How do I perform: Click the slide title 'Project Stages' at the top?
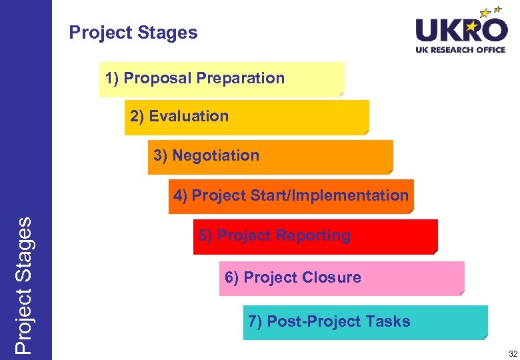pos(133,33)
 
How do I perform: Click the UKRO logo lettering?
pos(461,30)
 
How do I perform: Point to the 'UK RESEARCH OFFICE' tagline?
pos(461,49)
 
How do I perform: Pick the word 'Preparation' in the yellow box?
pos(241,78)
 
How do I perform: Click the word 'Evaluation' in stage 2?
pos(189,116)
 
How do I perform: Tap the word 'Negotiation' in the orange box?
pos(215,156)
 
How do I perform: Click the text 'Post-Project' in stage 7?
pos(314,321)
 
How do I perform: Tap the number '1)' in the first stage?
pos(112,78)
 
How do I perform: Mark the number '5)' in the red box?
pos(205,235)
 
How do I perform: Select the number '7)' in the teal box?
pos(255,321)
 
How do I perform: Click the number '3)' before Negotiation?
pos(161,156)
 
